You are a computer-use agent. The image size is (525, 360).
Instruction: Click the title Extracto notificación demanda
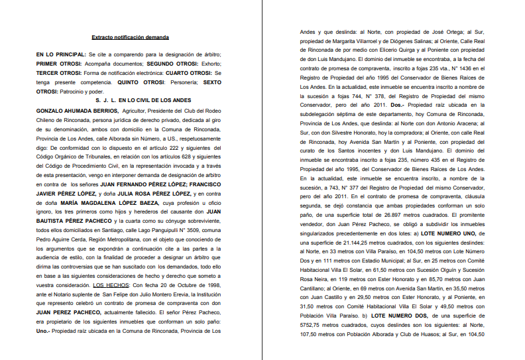[131, 37]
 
